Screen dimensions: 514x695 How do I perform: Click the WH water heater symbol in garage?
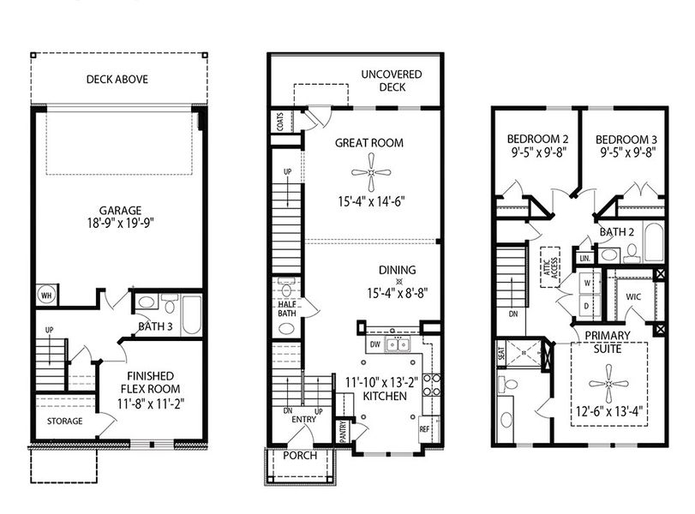45,296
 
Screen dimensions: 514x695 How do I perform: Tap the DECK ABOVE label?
117,80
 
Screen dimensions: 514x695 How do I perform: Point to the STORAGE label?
65,421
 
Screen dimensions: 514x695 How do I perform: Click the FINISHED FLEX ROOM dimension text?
144,400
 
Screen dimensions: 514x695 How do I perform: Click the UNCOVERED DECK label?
391,81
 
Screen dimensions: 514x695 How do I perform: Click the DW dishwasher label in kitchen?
374,344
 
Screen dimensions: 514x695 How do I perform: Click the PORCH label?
300,456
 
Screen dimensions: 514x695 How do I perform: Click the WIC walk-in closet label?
633,297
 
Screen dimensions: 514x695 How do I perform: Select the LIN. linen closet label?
584,257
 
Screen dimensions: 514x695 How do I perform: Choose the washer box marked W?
588,282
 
